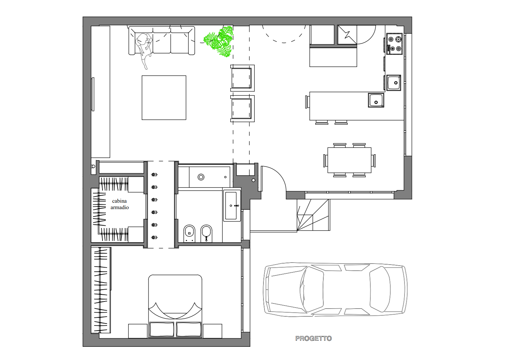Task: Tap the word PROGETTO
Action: (x=313, y=339)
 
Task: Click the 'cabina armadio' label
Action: (x=119, y=204)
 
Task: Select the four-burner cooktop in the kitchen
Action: (x=394, y=44)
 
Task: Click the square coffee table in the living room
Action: (x=164, y=98)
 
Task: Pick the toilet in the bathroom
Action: (x=189, y=233)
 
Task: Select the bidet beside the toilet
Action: (x=206, y=233)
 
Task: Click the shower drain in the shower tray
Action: (x=201, y=177)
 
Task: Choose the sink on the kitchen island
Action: (x=376, y=100)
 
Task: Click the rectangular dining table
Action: (x=349, y=160)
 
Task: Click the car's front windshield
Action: (x=312, y=290)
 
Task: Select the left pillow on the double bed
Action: (x=162, y=330)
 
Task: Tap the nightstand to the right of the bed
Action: (x=212, y=331)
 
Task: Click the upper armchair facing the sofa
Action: (x=242, y=78)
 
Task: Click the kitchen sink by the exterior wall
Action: (x=394, y=83)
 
